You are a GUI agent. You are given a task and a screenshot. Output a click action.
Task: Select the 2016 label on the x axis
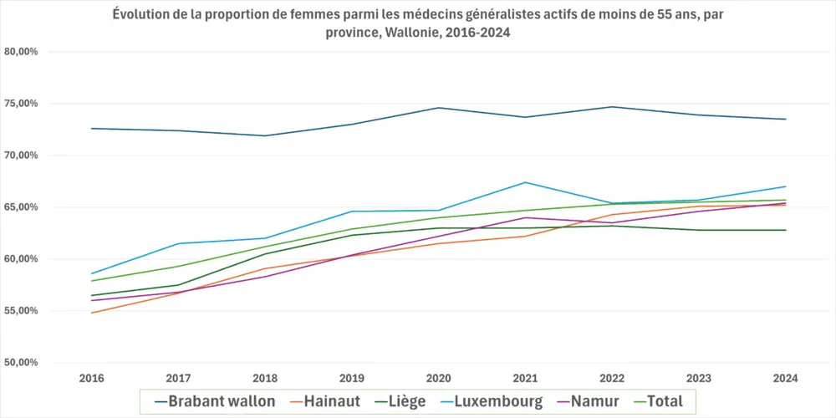(91, 379)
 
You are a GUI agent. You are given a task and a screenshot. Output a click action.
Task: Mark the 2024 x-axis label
(786, 379)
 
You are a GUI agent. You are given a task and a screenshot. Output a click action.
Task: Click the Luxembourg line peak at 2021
(524, 182)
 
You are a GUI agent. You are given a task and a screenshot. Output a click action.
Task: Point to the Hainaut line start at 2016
(91, 313)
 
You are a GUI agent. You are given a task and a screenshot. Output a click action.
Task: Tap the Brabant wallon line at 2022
(612, 107)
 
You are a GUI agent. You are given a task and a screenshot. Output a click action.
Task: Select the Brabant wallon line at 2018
(265, 135)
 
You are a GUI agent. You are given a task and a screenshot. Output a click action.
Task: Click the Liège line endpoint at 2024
(786, 230)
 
